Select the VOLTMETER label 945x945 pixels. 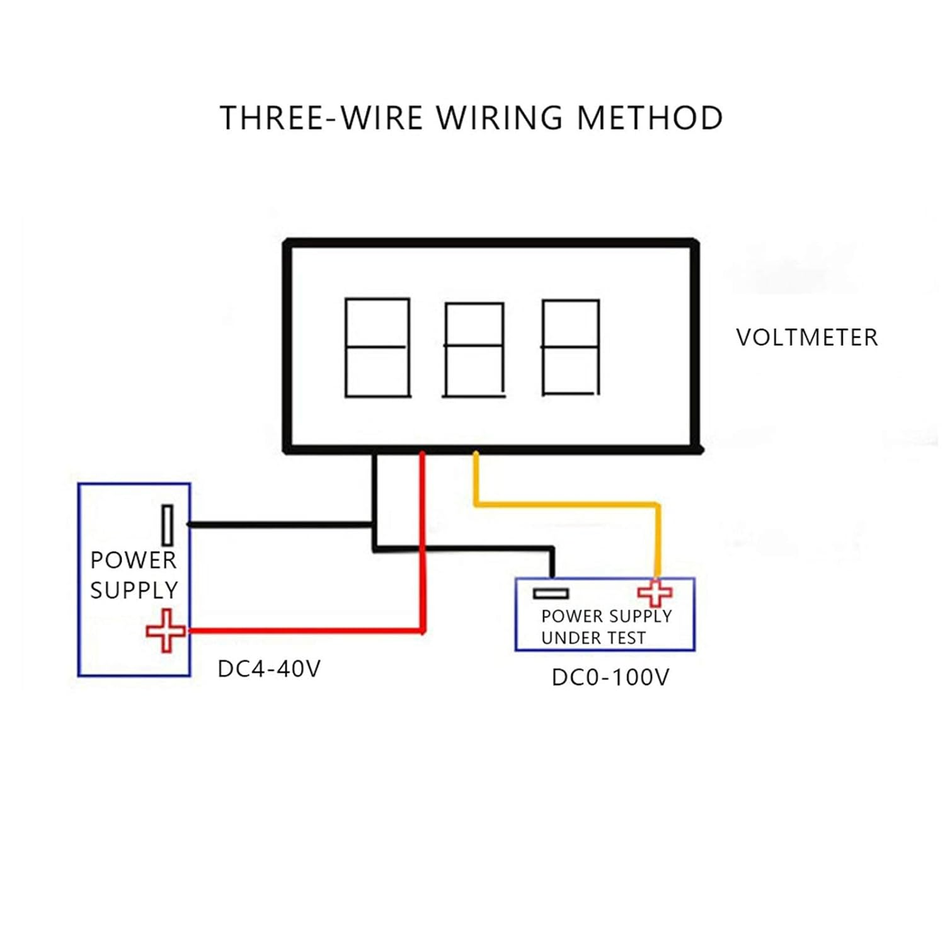(x=806, y=338)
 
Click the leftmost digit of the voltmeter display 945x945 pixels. (x=377, y=348)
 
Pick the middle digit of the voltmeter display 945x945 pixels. (x=474, y=350)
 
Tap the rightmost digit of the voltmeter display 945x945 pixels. (x=571, y=348)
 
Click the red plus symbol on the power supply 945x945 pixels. (x=166, y=630)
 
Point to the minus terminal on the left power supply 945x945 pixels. (x=167, y=525)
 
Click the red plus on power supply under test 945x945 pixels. (x=655, y=593)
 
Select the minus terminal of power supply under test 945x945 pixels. (x=551, y=593)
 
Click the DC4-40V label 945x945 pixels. (x=269, y=669)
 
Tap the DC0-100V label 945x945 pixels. (x=610, y=678)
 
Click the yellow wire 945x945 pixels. (x=567, y=503)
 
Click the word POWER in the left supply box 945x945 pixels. (x=133, y=560)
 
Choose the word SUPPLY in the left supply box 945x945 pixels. (x=134, y=590)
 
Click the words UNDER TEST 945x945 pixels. (x=593, y=638)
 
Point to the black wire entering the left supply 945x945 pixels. (x=277, y=524)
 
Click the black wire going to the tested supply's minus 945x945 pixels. (x=466, y=549)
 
